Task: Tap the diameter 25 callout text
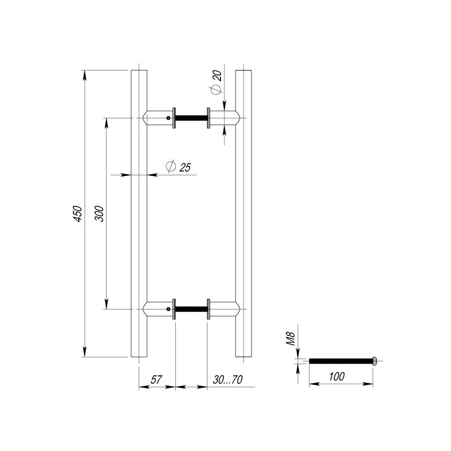click(x=178, y=167)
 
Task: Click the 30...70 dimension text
click(x=228, y=380)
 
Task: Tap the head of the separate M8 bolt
click(x=374, y=361)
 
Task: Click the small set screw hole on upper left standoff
click(x=167, y=118)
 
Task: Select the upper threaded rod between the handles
click(x=192, y=118)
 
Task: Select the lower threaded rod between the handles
click(x=192, y=309)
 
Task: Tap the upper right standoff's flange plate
click(x=209, y=118)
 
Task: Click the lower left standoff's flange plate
click(x=175, y=309)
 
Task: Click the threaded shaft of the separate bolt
click(x=341, y=361)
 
